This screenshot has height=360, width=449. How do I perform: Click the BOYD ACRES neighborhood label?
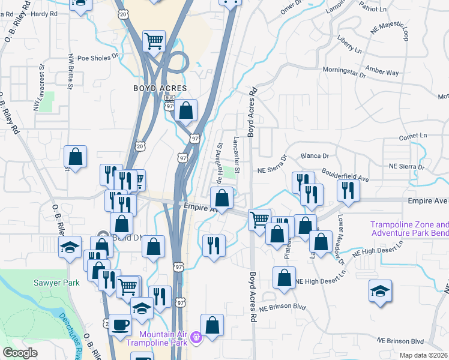pos(156,88)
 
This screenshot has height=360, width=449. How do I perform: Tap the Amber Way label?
pos(384,72)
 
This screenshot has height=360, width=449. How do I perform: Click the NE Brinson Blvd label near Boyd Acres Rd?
pos(283,308)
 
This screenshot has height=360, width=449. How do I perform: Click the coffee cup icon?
pos(120,324)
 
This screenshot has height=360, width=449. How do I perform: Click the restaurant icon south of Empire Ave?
pos(213,244)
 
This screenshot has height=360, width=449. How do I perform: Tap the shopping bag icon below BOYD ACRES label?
pos(187,109)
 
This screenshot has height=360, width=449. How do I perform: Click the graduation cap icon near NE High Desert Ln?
pos(380,290)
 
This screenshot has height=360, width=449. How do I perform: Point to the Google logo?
pos(19,353)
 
